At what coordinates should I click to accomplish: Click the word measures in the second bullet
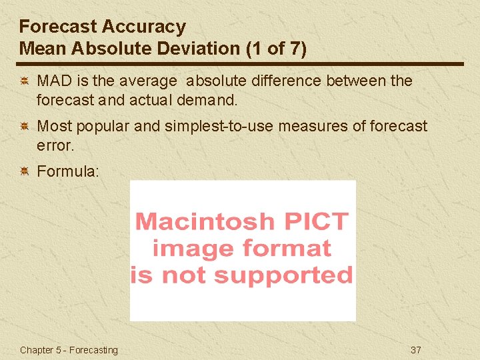coord(313,126)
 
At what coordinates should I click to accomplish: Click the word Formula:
coord(68,171)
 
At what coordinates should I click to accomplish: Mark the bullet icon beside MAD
coord(23,81)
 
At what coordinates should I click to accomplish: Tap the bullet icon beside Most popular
coord(23,126)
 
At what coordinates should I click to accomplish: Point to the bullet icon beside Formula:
coord(23,171)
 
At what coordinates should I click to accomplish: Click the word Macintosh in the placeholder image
coord(205,221)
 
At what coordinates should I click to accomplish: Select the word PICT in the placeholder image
coord(315,221)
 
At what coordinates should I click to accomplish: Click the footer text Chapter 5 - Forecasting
coord(69,350)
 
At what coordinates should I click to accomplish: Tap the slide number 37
coord(416,350)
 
